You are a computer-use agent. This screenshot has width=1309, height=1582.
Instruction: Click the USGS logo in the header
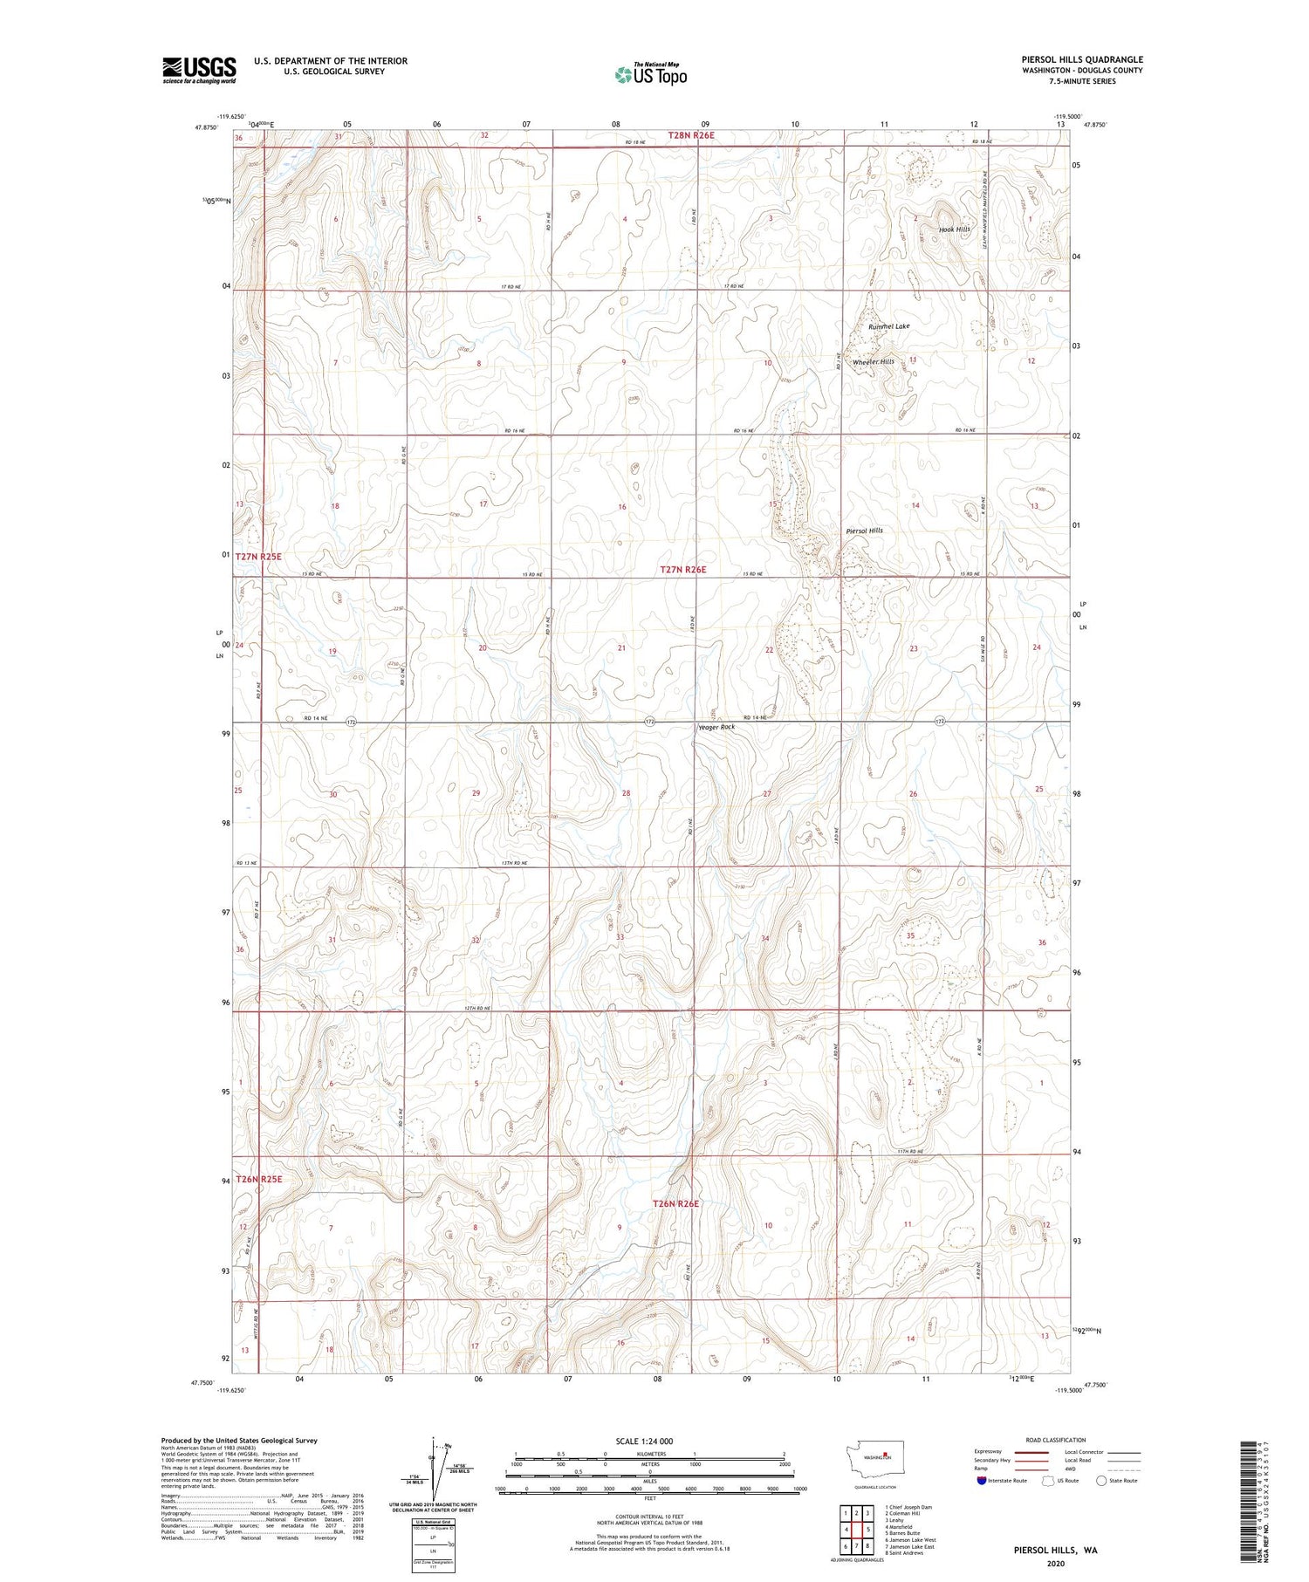(x=199, y=70)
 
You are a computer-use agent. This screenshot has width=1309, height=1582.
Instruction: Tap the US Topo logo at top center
(x=650, y=75)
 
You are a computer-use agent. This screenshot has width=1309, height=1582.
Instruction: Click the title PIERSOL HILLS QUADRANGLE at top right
(x=1082, y=59)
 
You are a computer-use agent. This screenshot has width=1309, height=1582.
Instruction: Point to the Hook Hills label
(x=954, y=229)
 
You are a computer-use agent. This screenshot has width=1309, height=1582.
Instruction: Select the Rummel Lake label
(x=888, y=326)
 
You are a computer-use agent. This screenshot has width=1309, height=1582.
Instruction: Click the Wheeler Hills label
(x=873, y=361)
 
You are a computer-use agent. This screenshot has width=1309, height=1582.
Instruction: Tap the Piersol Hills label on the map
(x=864, y=531)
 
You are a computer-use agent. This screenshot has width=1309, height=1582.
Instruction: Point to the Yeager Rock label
(x=716, y=727)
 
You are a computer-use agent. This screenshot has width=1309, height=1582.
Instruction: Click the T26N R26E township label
(x=676, y=1203)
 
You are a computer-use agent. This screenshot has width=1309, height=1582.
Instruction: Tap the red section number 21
(x=622, y=648)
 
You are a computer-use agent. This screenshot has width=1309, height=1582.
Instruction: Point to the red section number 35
(x=910, y=935)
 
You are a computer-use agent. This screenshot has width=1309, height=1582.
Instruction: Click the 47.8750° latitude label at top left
(x=206, y=127)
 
